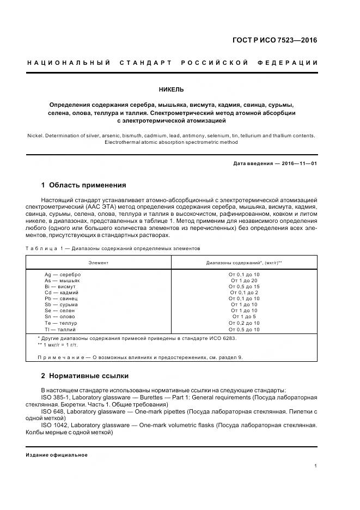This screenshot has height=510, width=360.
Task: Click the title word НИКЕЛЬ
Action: click(x=171, y=89)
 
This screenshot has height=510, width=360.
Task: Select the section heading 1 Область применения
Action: click(x=83, y=185)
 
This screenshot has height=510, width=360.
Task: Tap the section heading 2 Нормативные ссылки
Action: click(x=85, y=375)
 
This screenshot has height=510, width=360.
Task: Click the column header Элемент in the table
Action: click(x=99, y=262)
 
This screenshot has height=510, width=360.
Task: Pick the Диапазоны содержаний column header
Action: click(x=243, y=262)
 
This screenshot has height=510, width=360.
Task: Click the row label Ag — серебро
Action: click(x=62, y=274)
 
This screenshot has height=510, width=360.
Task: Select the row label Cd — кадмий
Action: click(x=62, y=293)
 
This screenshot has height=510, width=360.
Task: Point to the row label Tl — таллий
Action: click(x=60, y=330)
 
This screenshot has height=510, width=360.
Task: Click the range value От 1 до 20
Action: click(x=244, y=280)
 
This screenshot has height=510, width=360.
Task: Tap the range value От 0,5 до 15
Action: click(x=244, y=287)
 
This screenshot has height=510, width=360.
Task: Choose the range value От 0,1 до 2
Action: click(x=244, y=293)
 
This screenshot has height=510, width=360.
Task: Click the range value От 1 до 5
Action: click(x=244, y=317)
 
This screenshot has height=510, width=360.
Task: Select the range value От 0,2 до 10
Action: click(x=244, y=323)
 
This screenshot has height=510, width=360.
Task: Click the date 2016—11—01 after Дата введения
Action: click(x=297, y=163)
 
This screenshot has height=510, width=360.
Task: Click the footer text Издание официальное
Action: click(x=57, y=454)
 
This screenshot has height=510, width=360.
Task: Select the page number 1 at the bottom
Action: click(x=316, y=466)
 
